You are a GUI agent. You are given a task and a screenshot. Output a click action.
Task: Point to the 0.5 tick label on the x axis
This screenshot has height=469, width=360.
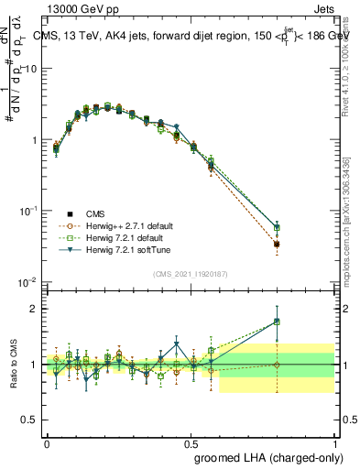click(x=191, y=442)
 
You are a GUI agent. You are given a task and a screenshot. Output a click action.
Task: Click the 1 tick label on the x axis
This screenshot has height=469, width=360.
click(x=334, y=442)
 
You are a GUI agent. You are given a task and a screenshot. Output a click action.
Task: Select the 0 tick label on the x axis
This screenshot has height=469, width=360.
click(x=47, y=442)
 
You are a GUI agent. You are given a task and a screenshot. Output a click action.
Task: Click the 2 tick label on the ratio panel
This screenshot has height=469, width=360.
click(x=35, y=309)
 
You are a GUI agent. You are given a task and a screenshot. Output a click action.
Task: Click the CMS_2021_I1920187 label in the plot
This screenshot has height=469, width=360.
click(x=190, y=274)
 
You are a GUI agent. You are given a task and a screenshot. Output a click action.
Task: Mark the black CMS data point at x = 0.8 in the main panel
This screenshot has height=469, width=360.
click(x=277, y=245)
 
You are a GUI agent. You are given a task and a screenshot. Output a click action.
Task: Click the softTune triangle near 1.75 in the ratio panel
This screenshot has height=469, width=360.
click(x=277, y=322)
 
